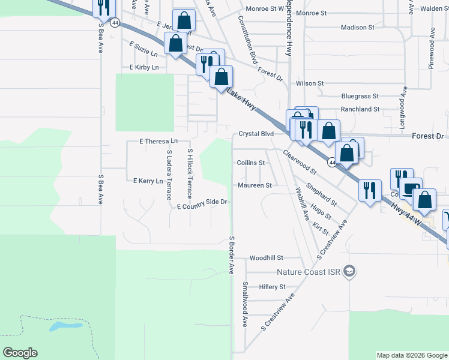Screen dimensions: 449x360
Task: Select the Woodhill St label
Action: [267, 258]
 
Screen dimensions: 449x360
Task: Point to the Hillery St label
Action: [272, 287]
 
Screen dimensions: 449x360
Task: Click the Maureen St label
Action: [255, 185]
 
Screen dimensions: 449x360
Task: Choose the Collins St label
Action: [251, 163]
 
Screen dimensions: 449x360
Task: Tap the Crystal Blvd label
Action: [256, 134]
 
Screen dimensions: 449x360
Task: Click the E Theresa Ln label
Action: [159, 141]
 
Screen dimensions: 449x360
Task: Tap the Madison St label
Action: [357, 28]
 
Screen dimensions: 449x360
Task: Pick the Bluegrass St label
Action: [360, 96]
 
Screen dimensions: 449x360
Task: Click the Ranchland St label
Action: [360, 109]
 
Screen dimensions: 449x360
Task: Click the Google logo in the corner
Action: [20, 353]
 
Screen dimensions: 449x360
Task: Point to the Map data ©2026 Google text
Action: [411, 356]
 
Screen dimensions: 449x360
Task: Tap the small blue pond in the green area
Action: [66, 327]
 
